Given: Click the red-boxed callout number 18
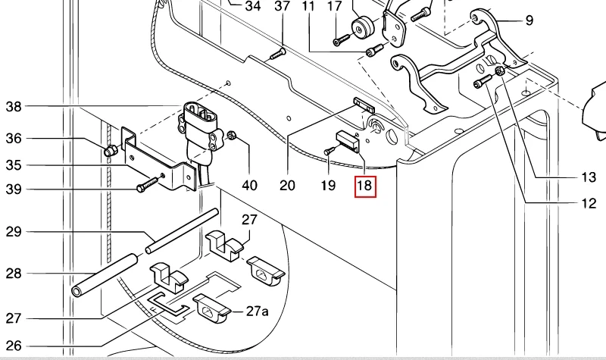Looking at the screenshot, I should [366, 185].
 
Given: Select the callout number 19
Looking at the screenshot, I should [328, 185].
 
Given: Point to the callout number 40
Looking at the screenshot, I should [249, 185].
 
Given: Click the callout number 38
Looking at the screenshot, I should [14, 107].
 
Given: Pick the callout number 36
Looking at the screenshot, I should [14, 139].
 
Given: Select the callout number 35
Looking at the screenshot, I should [14, 165].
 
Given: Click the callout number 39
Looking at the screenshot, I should [14, 189].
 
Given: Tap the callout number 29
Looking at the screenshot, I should [14, 231].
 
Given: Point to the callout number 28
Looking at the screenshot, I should [14, 273].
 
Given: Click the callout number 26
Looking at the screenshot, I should [14, 344].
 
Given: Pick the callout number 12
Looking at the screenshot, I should [589, 203].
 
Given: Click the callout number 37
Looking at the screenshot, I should [282, 7].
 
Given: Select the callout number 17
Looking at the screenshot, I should [335, 7].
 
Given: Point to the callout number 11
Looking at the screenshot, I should [308, 7].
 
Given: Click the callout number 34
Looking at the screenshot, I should [252, 7].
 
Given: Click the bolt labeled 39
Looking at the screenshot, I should [148, 184].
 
